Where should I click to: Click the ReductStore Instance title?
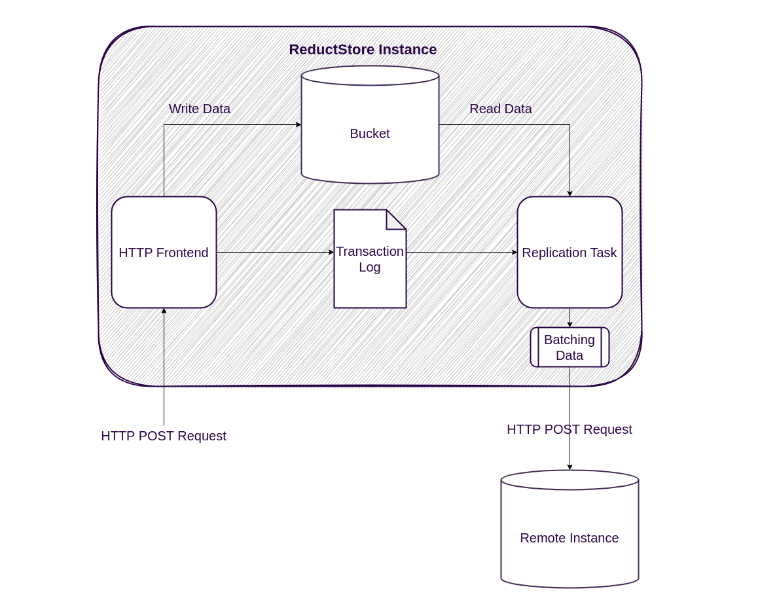(363, 50)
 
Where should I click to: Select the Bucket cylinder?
(370, 133)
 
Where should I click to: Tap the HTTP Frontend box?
(164, 253)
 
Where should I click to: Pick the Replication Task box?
(570, 253)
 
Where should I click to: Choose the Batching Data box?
(570, 347)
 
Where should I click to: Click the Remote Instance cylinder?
(570, 538)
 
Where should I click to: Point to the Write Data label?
(200, 109)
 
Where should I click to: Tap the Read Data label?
(501, 109)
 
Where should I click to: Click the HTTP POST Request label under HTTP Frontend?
(164, 436)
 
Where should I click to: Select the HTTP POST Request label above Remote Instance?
(570, 429)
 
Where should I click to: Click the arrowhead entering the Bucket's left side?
(299, 124)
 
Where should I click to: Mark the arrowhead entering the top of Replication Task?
(570, 194)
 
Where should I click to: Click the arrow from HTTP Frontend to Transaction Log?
(275, 252)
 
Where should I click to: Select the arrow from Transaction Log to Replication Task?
(462, 252)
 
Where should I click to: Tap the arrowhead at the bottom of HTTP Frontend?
(164, 311)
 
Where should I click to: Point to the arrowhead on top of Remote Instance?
(570, 467)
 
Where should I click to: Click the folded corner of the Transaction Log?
(395, 221)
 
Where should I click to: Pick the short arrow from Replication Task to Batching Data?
(570, 317)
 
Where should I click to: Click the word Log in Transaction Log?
(370, 267)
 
